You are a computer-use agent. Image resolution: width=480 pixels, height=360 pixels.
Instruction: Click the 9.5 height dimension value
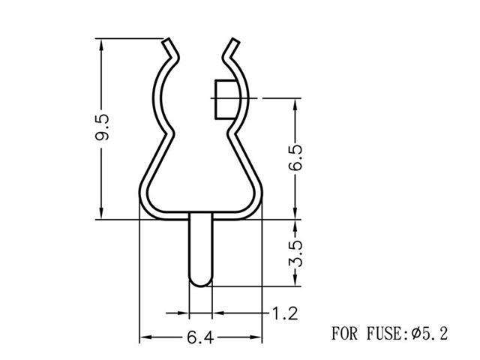coord(103,128)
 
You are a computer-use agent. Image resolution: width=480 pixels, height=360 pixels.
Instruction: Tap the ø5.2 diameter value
coord(430,333)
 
